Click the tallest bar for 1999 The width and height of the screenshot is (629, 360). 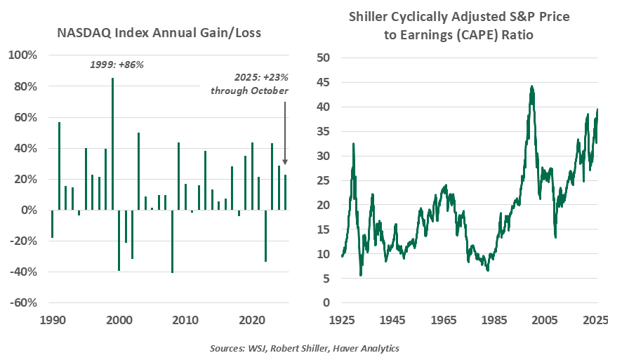(112, 144)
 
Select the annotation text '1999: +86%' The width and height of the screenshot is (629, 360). (117, 65)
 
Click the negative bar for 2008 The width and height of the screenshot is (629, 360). (172, 241)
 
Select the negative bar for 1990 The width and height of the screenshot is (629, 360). (52, 224)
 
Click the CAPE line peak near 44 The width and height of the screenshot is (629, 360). (532, 86)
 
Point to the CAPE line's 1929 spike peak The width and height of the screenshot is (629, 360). (353, 143)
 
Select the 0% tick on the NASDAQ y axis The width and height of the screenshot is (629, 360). (28, 210)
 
